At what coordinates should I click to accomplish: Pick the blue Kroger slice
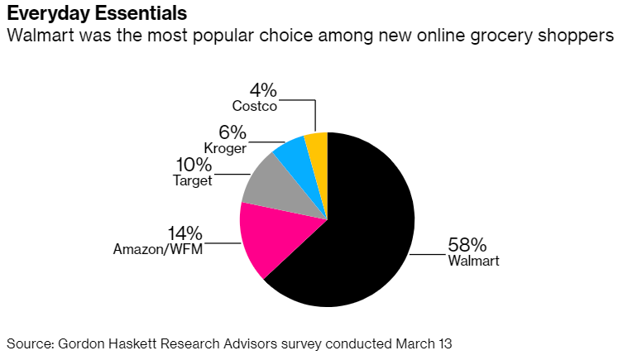292,154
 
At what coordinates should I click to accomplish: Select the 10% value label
193,165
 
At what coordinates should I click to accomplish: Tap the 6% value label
233,132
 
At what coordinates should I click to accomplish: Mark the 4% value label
263,89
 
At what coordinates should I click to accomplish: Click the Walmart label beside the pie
473,262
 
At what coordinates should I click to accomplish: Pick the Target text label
193,180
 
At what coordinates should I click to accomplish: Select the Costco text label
254,106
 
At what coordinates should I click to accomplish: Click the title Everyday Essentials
96,14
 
